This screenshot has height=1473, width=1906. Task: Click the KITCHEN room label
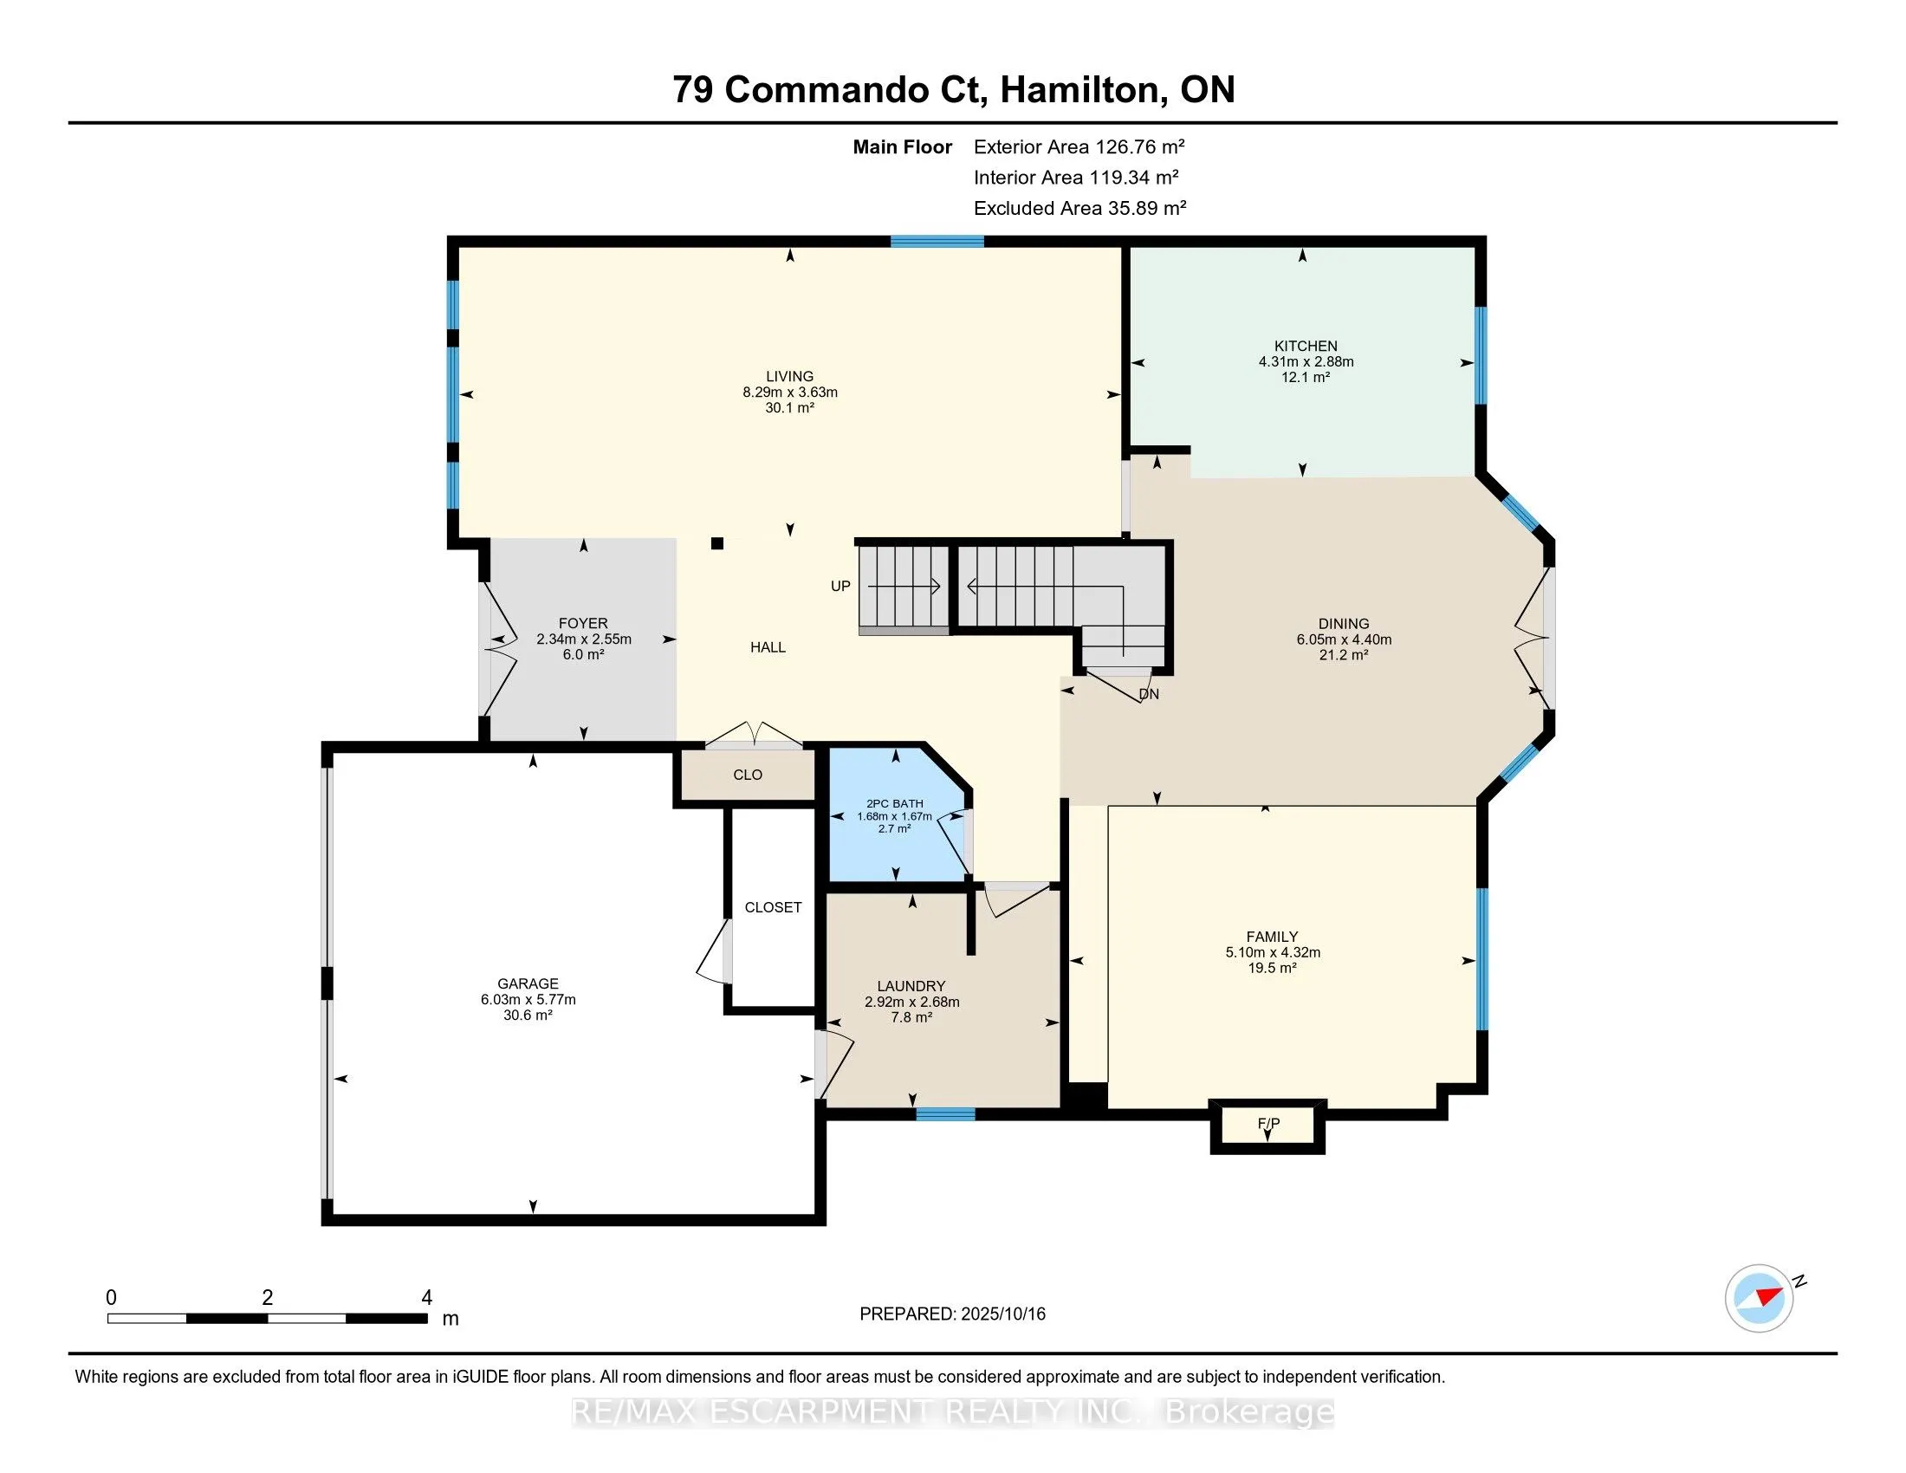(x=1306, y=346)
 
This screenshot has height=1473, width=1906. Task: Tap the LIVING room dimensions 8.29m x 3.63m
(x=790, y=392)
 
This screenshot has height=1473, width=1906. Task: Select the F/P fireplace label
(x=1268, y=1123)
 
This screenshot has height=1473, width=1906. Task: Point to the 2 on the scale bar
(x=267, y=1298)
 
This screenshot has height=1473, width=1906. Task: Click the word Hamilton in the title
(x=1080, y=89)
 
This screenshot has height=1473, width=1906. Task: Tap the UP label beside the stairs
(x=840, y=587)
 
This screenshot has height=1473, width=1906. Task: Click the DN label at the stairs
(x=1150, y=695)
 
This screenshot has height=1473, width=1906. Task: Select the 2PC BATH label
(x=895, y=804)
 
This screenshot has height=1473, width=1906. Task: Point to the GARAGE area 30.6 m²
(x=528, y=1015)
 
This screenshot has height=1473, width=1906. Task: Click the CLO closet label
(x=748, y=775)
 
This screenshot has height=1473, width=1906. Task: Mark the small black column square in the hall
(x=717, y=543)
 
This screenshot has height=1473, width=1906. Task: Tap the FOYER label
(x=583, y=623)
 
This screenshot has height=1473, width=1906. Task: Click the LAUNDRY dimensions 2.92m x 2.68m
(x=912, y=1002)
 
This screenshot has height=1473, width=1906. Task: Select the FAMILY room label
(x=1273, y=937)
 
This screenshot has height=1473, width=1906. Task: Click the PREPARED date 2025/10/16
(x=1002, y=1314)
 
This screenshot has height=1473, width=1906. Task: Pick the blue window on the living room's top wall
(x=937, y=242)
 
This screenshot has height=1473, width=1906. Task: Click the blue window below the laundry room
(x=945, y=1114)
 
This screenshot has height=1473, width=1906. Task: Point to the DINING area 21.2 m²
(x=1343, y=654)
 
